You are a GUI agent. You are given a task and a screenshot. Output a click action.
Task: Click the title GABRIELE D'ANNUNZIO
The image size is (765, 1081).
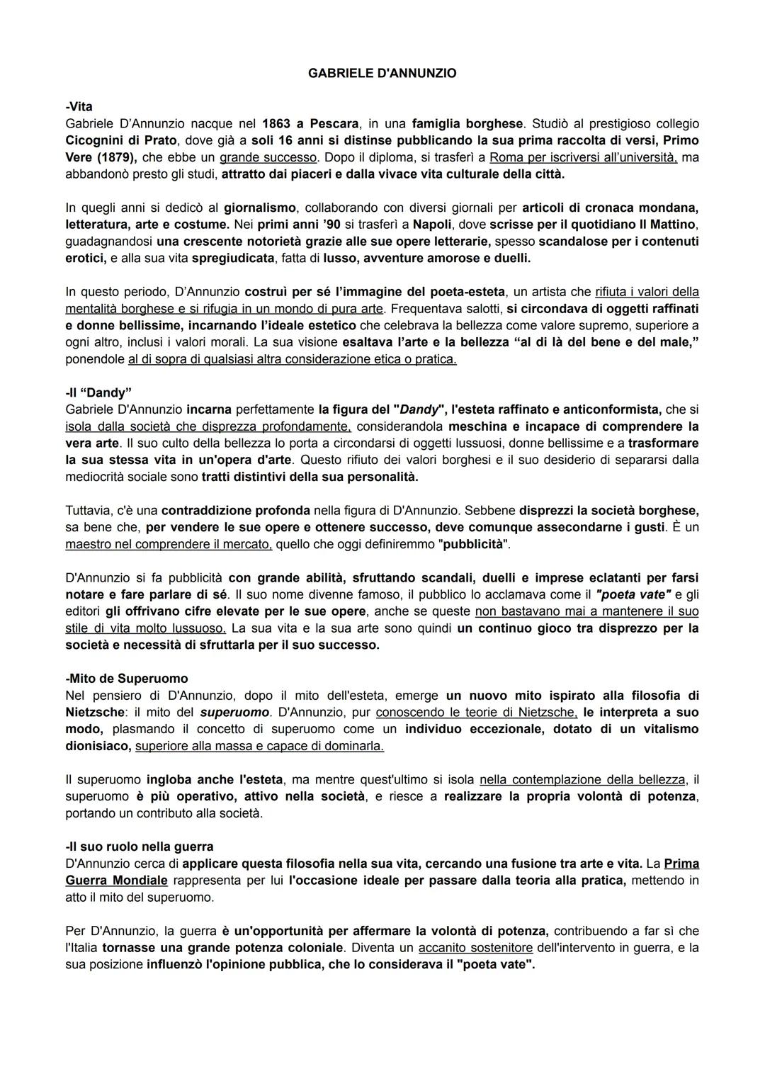(382, 73)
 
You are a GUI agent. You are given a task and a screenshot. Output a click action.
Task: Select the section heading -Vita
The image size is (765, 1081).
(79, 107)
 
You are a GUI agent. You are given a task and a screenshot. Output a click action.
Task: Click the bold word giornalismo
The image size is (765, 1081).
(259, 208)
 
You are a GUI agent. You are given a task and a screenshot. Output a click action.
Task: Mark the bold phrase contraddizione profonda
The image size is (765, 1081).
(236, 511)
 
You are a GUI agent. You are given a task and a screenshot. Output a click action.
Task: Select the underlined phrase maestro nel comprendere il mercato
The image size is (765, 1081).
(169, 544)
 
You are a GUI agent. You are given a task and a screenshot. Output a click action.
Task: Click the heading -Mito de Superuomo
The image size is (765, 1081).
(127, 679)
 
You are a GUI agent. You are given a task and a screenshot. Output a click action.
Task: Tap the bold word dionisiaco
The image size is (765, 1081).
(98, 746)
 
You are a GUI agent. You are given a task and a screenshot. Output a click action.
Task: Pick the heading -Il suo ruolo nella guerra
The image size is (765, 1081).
(139, 847)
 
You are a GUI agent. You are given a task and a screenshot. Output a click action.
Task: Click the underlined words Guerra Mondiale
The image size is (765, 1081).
(116, 881)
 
